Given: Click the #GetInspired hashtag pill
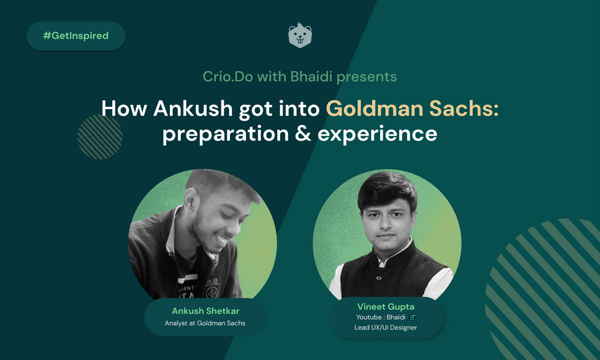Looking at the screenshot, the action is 76,36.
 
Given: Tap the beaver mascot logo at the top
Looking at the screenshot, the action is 300,35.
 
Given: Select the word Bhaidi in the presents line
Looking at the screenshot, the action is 311,77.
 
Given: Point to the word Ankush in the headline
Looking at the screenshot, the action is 193,108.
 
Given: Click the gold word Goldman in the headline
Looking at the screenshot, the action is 374,108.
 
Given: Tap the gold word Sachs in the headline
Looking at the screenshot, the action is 464,108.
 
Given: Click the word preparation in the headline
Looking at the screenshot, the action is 226,134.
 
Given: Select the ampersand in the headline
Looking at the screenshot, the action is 303,134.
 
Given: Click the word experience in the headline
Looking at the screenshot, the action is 377,134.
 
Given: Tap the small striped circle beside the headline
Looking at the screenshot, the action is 100,137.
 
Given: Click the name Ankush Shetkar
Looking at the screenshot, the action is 205,311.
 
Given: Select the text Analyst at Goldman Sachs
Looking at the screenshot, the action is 205,323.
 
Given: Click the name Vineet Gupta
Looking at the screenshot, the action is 386,307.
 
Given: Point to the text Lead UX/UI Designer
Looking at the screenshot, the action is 386,328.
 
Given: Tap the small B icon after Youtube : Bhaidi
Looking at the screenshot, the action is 412,317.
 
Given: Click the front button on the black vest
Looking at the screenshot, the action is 379,278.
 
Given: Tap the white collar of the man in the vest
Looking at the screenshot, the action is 394,253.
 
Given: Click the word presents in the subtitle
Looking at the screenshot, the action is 367,77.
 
